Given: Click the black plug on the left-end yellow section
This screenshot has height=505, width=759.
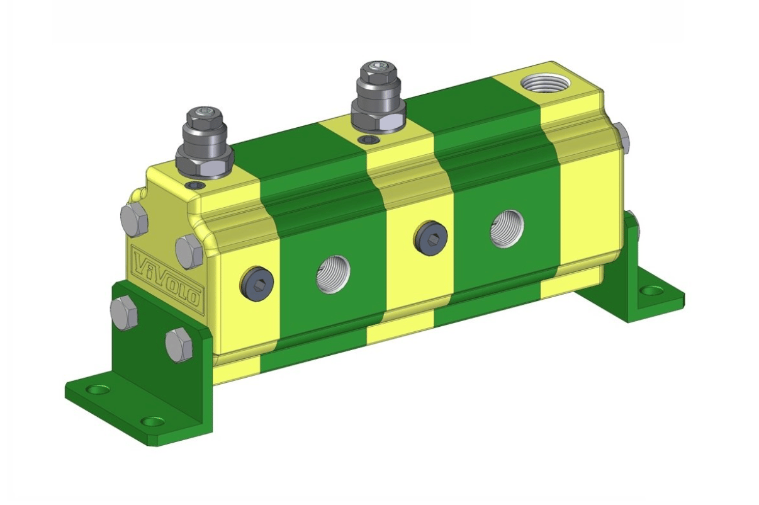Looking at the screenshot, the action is [x=257, y=282].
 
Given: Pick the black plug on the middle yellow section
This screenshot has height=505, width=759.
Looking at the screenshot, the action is [x=430, y=236].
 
